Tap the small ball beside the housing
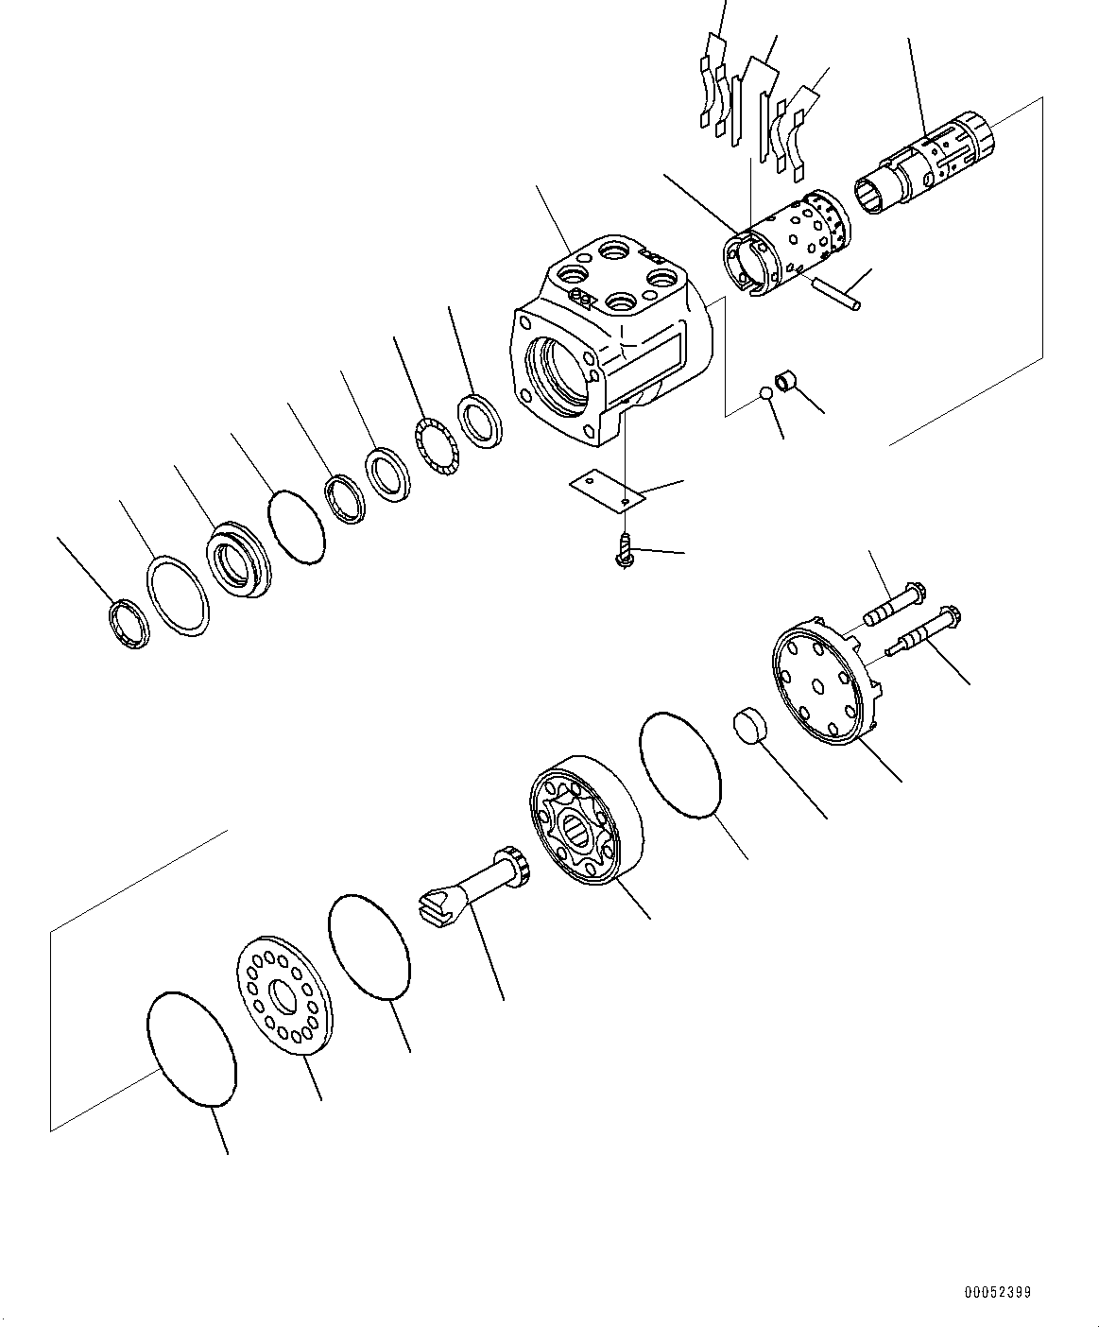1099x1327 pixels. coord(766,395)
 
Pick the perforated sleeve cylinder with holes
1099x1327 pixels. coord(787,244)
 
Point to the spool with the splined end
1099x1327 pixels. coord(924,164)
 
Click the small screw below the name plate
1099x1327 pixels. coord(626,550)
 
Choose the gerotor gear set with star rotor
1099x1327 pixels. coord(586,819)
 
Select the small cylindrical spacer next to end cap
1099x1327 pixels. coord(750,725)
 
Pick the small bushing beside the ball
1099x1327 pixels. coord(785,385)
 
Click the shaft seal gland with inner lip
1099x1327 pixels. coord(238,560)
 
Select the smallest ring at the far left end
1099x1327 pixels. coord(129,624)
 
